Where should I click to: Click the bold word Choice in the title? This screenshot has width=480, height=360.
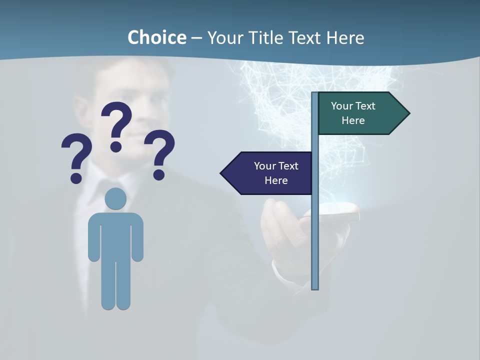point(156,37)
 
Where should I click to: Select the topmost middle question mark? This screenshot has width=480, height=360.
point(116,125)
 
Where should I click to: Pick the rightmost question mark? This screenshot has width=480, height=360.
point(159,153)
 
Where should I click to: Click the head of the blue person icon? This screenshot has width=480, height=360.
point(115,199)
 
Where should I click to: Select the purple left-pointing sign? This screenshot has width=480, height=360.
point(270,173)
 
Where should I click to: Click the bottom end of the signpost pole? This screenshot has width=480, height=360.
point(315,287)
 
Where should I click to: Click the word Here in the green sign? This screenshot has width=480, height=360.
point(353,120)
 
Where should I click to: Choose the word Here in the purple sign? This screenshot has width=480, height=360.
point(276,180)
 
